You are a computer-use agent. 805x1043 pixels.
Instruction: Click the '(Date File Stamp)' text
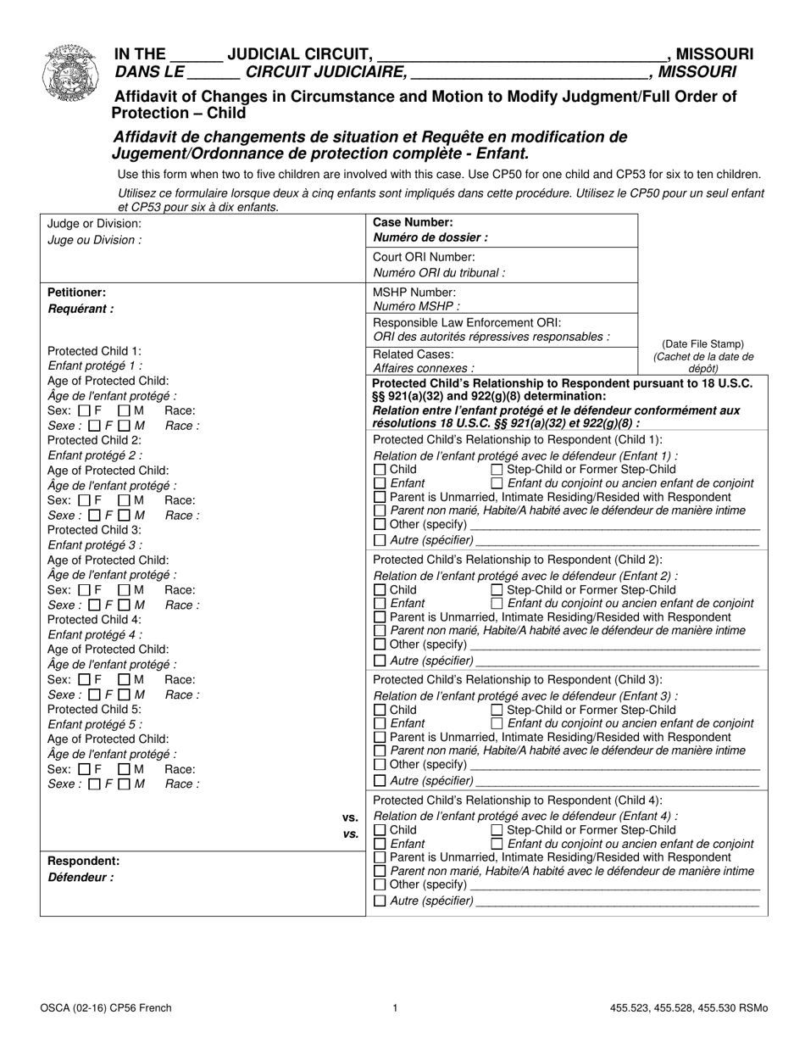pyautogui.click(x=702, y=343)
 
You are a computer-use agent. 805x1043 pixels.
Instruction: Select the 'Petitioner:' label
pyautogui.click(x=76, y=292)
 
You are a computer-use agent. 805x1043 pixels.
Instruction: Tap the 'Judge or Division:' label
pyautogui.click(x=95, y=223)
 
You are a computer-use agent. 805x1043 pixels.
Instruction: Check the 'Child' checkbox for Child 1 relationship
pyautogui.click(x=380, y=470)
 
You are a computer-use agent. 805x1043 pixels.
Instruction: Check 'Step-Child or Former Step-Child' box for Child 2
pyautogui.click(x=497, y=590)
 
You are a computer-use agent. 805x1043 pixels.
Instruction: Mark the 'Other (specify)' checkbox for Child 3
pyautogui.click(x=380, y=765)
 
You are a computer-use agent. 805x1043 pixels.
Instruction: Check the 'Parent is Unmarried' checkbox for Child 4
pyautogui.click(x=380, y=857)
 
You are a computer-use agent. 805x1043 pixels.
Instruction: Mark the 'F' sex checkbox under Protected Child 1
pyautogui.click(x=84, y=410)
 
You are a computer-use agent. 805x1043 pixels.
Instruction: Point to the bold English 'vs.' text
pyautogui.click(x=350, y=817)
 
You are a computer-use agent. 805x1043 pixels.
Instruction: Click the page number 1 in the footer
pyautogui.click(x=396, y=1008)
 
